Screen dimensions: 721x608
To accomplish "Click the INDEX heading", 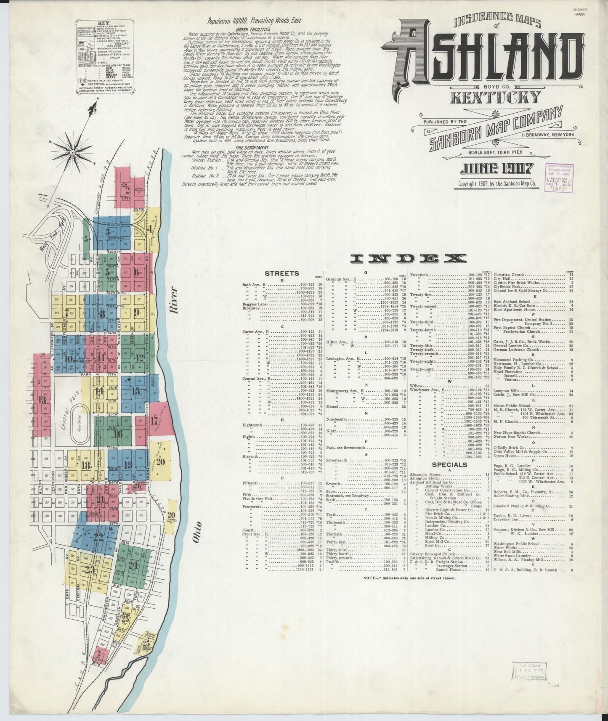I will pyautogui.click(x=410, y=258).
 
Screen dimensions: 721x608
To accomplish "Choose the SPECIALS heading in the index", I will pyautogui.click(x=450, y=464).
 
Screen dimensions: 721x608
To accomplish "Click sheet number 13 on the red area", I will pyautogui.click(x=42, y=400).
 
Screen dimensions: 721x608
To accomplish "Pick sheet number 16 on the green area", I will pyautogui.click(x=118, y=434).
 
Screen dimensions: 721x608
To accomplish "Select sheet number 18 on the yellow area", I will pyautogui.click(x=85, y=466).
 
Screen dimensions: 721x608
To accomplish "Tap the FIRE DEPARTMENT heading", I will pyautogui.click(x=247, y=148).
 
